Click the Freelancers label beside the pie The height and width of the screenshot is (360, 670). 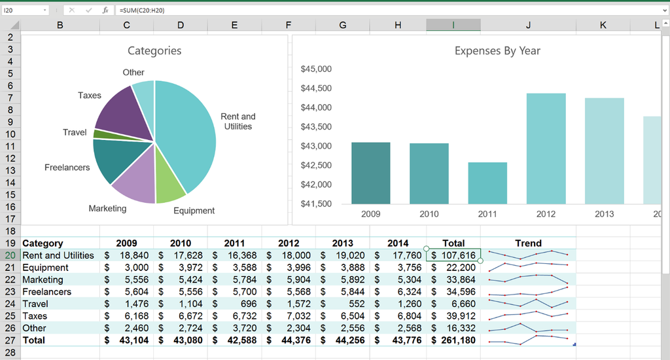coord(67,168)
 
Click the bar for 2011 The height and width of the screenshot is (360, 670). coord(487,183)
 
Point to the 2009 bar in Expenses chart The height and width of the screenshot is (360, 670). coord(370,173)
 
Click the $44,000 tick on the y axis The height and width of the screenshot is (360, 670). coord(316,107)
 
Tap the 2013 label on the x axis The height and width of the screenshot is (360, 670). coord(604,214)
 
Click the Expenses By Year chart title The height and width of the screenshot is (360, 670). coord(497,51)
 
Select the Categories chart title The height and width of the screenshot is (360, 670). coord(154,51)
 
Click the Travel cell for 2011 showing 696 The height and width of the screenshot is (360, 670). coord(234,304)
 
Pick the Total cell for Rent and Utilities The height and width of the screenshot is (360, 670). coord(453,255)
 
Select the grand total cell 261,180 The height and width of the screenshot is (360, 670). coord(453,340)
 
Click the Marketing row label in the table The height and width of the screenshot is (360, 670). coord(43,279)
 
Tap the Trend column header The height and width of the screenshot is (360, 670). coord(528,243)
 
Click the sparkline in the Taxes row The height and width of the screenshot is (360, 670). coord(528,316)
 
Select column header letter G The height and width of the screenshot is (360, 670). coord(343,26)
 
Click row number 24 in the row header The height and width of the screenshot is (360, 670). coord(10,304)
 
